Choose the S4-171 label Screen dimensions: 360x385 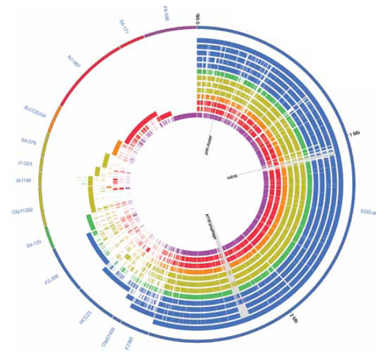[x=125, y=26]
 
